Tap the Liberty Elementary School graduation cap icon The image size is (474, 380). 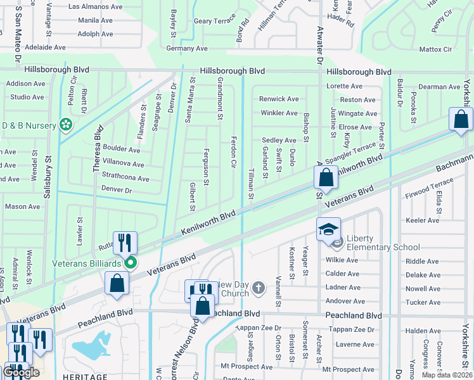tap(329, 229)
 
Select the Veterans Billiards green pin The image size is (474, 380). tap(131, 262)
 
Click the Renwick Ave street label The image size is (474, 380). tap(279, 99)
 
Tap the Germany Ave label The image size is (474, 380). tap(186, 48)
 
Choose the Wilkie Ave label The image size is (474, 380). tap(342, 260)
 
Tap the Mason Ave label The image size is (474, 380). tap(22, 206)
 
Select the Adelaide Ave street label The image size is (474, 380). tap(45, 47)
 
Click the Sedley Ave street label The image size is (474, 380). tap(279, 140)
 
